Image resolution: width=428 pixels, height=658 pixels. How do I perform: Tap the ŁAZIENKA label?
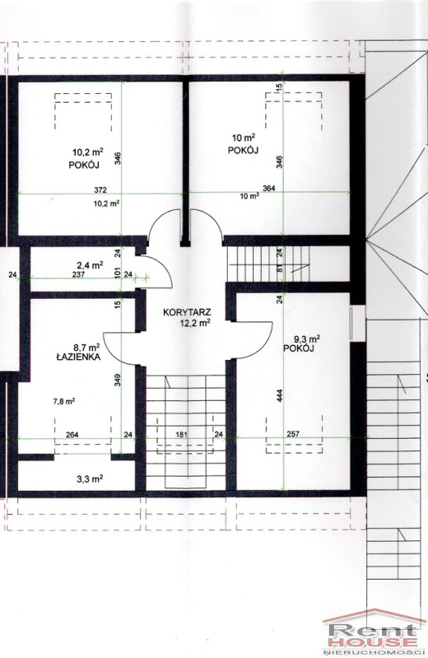coord(78,357)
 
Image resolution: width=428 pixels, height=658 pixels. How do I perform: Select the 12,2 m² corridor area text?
coord(195,322)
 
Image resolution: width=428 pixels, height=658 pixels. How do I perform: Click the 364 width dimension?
coord(268,189)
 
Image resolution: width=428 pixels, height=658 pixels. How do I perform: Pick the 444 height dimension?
coord(280,396)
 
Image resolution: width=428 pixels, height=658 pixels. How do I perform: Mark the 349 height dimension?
coord(118,380)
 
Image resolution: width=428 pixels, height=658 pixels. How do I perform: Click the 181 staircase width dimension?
coord(182,435)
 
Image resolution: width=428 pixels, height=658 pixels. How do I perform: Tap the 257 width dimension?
coord(293,434)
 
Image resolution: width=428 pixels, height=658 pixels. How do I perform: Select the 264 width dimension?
coord(72,435)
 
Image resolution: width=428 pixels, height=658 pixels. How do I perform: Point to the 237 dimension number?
coord(79,275)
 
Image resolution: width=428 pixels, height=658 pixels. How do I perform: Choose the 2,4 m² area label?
coord(90,265)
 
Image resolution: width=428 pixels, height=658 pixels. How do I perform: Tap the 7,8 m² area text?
coord(63,401)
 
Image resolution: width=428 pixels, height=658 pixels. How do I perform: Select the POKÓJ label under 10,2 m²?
coord(84,166)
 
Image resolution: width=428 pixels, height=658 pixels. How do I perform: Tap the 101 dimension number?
coord(118,273)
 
